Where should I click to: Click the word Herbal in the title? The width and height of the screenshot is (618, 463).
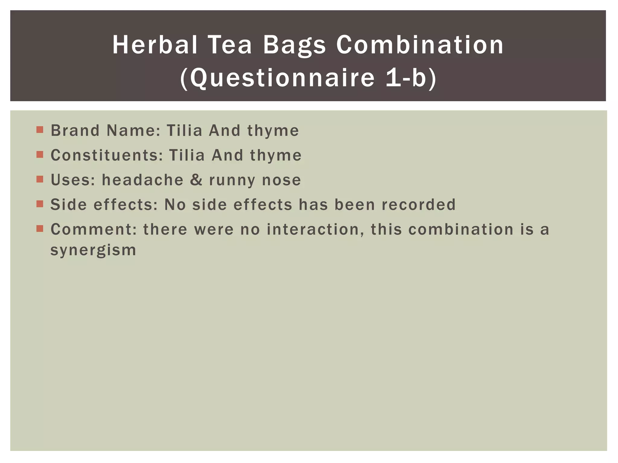[x=155, y=45]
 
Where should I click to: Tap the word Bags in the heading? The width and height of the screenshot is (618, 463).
[x=294, y=45]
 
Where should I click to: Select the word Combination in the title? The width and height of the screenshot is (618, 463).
[x=420, y=45]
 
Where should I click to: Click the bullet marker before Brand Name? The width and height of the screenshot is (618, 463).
[x=40, y=130]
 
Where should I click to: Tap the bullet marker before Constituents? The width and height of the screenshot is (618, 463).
[x=40, y=155]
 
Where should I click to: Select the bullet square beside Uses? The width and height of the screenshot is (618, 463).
[x=40, y=179]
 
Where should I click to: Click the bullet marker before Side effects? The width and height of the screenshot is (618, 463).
[x=40, y=204]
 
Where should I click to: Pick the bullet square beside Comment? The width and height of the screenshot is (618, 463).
[x=40, y=228]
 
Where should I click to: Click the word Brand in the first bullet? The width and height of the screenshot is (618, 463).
[x=75, y=131]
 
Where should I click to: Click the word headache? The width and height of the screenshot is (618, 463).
[x=142, y=180]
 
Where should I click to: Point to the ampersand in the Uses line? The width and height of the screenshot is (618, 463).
[x=196, y=180]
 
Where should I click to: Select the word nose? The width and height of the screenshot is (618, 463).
[x=281, y=180]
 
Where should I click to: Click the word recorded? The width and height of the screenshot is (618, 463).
[x=419, y=205]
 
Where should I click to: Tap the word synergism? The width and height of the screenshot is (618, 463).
[x=93, y=250]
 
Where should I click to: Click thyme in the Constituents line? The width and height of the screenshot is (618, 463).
[x=276, y=156]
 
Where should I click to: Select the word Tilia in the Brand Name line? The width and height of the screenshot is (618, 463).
[x=184, y=131]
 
